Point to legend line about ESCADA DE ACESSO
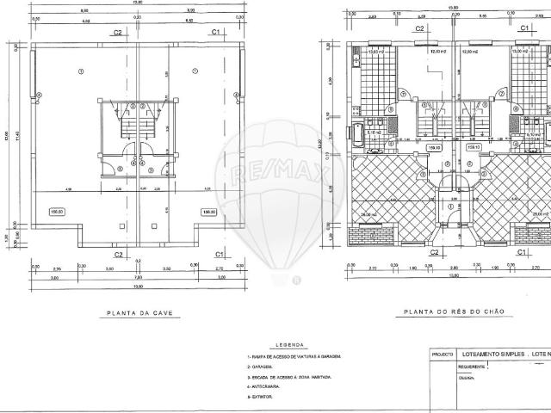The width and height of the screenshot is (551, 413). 288,377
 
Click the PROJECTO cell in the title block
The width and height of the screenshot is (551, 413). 443,353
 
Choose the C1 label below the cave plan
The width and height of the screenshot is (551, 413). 219,254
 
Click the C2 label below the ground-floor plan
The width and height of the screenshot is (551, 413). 435,252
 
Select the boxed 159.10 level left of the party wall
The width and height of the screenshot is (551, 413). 434,147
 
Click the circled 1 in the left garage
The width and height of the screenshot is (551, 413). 81,71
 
